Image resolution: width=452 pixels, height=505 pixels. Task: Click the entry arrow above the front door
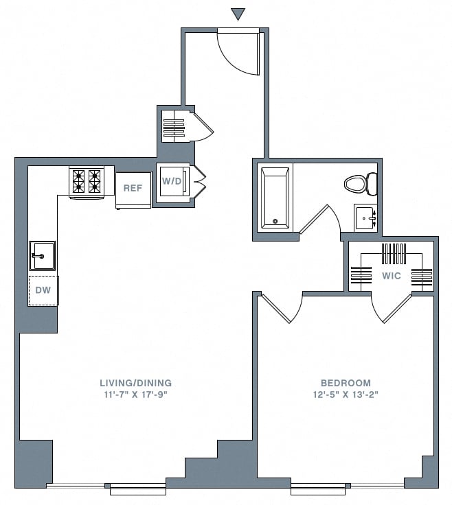coord(238,14)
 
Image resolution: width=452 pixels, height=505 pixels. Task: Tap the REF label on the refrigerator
coord(133,187)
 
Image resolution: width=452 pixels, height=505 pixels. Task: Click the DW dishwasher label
coord(43,291)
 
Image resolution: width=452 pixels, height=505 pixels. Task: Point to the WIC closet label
coord(392,276)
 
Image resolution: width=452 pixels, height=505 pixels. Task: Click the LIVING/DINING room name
coord(135,383)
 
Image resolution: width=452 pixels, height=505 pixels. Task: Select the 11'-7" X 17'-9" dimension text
coord(135,395)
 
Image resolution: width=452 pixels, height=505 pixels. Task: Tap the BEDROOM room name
coord(346,383)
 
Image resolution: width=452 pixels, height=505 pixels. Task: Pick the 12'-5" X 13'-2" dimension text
coord(346,395)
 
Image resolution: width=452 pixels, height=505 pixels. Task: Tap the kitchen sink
coord(41,256)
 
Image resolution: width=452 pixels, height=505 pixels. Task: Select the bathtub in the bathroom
coord(275,197)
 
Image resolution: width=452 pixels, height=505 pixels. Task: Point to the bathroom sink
coord(365,217)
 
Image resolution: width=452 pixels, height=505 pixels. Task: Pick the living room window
coord(137,489)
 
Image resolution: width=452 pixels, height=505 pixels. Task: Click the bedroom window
coord(321,489)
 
